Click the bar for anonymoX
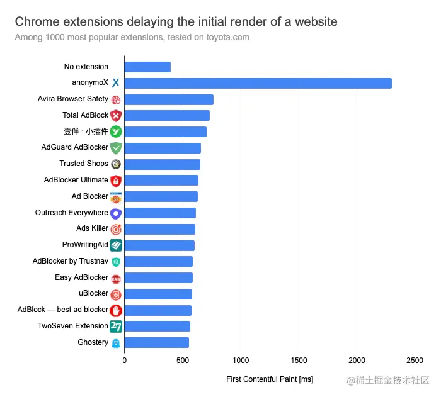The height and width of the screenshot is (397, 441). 258,83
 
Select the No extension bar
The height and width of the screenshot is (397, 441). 147,67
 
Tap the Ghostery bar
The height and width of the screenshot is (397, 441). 156,343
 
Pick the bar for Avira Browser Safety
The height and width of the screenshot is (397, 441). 169,99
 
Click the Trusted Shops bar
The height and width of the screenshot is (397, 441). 162,164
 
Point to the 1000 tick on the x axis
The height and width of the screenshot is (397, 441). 241,361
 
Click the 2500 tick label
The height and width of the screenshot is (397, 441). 415,361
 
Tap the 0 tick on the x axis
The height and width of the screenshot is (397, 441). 124,361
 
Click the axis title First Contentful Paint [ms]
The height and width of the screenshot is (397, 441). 270,379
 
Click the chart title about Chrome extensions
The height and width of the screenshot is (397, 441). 176,22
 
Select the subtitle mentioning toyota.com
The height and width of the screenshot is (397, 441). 132,37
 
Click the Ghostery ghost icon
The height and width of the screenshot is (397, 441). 115,343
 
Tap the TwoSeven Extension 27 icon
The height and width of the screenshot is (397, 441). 115,327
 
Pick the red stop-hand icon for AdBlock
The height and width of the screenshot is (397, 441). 115,310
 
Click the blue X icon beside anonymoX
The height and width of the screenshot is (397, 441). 115,83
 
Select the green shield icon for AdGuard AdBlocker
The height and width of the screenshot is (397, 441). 115,148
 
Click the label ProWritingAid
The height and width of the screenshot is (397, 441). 85,245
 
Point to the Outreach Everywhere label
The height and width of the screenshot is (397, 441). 71,213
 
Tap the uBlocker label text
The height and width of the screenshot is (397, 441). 93,293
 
